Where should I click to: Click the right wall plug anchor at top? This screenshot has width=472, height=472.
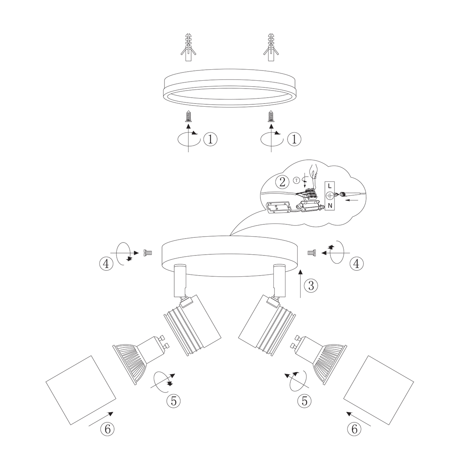pyautogui.click(x=270, y=48)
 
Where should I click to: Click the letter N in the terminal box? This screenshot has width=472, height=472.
pyautogui.click(x=330, y=205)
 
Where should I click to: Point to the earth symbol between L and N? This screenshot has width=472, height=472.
pyautogui.click(x=330, y=195)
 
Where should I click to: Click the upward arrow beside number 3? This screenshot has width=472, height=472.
pyautogui.click(x=301, y=283)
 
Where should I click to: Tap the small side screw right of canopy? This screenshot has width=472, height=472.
pyautogui.click(x=312, y=253)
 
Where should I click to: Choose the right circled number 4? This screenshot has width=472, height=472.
pyautogui.click(x=356, y=264)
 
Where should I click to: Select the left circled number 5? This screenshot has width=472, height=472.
pyautogui.click(x=173, y=401)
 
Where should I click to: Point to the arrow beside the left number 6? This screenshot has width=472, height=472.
pyautogui.click(x=101, y=419)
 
